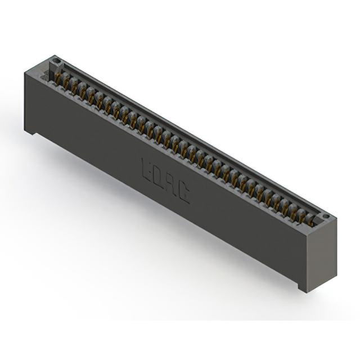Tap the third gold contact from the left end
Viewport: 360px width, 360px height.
(x=82, y=89)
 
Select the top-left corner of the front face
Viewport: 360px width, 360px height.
(x=25, y=70)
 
